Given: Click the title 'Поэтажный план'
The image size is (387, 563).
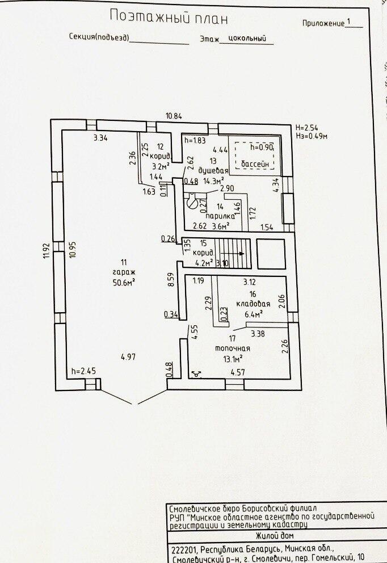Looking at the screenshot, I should click(x=169, y=18).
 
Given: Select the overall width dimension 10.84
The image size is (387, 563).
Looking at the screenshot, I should click(x=174, y=116).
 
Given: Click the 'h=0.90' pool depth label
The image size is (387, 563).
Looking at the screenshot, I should click(x=262, y=147).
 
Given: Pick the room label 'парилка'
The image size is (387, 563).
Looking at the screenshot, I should click(x=216, y=216).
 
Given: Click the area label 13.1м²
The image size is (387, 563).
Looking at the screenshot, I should click(x=233, y=358).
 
